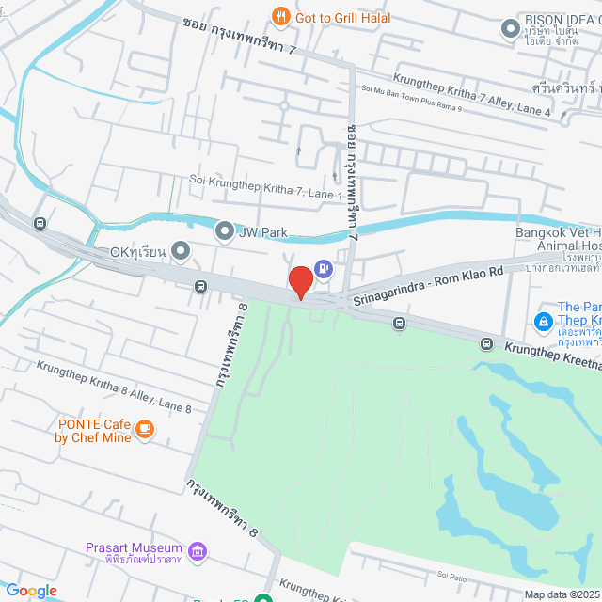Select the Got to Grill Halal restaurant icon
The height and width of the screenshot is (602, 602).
[279, 16]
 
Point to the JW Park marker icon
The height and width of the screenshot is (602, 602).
[225, 230]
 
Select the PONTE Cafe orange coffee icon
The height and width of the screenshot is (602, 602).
[144, 429]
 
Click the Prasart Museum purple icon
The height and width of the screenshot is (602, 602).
[197, 550]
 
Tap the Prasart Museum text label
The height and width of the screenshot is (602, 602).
[133, 547]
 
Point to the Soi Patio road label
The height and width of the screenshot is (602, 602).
[451, 575]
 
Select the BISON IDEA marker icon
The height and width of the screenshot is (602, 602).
[510, 30]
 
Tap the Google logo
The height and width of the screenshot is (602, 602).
[31, 590]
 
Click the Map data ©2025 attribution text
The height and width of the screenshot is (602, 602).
[562, 594]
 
